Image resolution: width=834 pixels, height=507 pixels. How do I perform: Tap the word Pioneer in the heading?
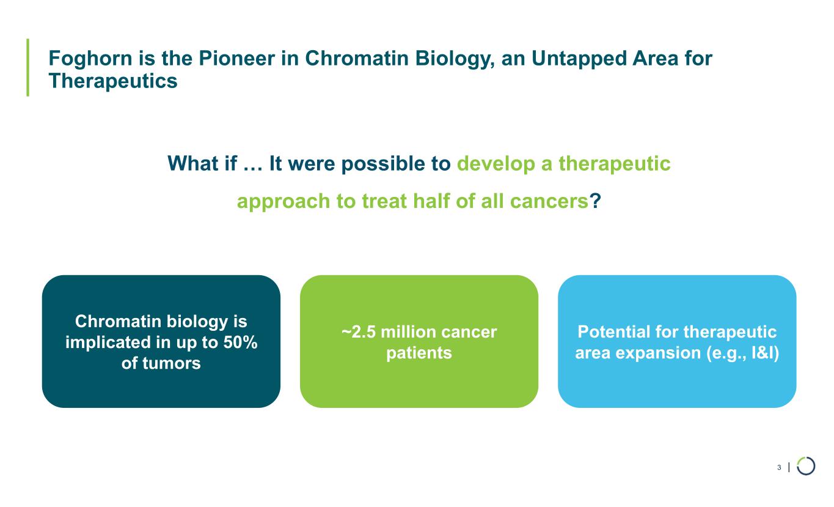(x=236, y=58)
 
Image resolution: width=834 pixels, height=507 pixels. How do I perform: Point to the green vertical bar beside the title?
(x=28, y=67)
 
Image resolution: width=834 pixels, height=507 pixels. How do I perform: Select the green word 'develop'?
(x=496, y=165)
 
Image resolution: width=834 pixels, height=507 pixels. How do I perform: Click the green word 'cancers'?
(x=549, y=202)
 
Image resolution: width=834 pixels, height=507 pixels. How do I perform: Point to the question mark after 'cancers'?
(x=595, y=201)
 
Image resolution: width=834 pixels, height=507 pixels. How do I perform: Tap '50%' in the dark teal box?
(x=240, y=342)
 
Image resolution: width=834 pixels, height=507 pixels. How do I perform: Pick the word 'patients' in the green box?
(x=419, y=353)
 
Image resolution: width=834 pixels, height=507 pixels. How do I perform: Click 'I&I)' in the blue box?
(x=765, y=353)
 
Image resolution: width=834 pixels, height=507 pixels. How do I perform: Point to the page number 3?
(x=779, y=467)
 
